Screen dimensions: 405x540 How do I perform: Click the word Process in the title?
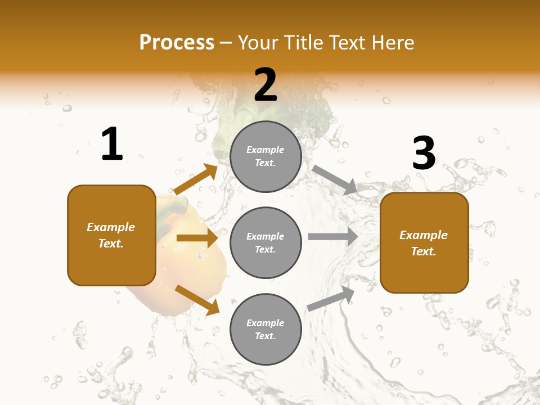click(177, 43)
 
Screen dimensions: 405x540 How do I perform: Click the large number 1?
click(112, 145)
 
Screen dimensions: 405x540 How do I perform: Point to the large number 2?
click(265, 85)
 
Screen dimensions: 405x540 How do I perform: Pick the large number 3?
click(424, 153)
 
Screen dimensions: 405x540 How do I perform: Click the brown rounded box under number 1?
click(111, 235)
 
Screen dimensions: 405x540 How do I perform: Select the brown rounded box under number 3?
click(424, 243)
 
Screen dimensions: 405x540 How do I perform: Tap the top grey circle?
click(265, 156)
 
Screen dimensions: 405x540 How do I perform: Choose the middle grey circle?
click(265, 243)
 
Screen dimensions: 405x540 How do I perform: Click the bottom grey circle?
click(265, 330)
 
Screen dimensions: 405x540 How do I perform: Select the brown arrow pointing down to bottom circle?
click(197, 300)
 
